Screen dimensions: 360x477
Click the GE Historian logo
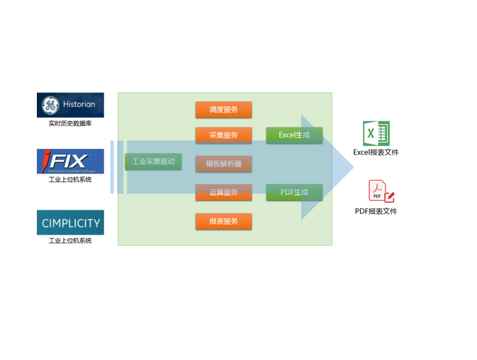pyautogui.click(x=70, y=105)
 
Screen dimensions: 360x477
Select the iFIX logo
pyautogui.click(x=70, y=161)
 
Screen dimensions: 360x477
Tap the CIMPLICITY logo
pyautogui.click(x=70, y=223)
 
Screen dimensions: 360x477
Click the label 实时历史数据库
pyautogui.click(x=70, y=123)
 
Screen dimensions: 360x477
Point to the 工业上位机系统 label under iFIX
pyautogui.click(x=70, y=179)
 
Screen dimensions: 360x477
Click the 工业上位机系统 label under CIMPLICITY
pyautogui.click(x=70, y=241)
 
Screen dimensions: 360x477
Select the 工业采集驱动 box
pyautogui.click(x=153, y=162)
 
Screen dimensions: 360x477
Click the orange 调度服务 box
pyautogui.click(x=223, y=110)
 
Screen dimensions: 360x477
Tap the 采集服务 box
pyautogui.click(x=223, y=135)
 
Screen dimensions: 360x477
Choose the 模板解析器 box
pyautogui.click(x=223, y=164)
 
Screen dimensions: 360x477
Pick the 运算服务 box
pyautogui.click(x=223, y=192)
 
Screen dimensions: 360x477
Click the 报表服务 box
pyautogui.click(x=223, y=221)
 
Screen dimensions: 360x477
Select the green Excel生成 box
pyautogui.click(x=294, y=135)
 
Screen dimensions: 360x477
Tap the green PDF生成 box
pyautogui.click(x=294, y=192)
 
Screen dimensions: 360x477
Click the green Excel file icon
pyautogui.click(x=376, y=134)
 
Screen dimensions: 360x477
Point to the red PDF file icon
pyautogui.click(x=380, y=192)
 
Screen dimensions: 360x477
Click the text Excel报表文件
pyautogui.click(x=376, y=152)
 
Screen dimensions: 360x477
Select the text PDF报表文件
pyautogui.click(x=376, y=211)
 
